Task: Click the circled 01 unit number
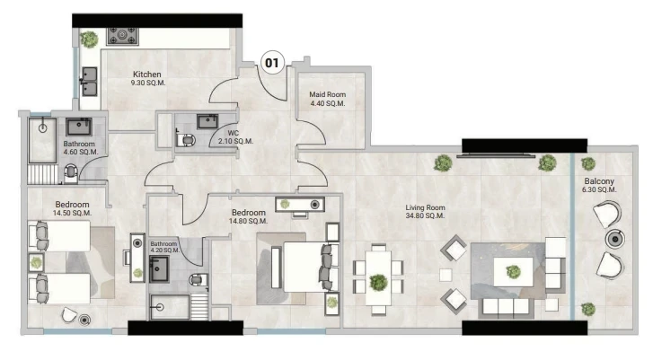272,63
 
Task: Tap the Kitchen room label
147,75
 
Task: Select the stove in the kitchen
122,36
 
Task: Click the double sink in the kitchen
89,82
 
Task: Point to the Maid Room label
327,94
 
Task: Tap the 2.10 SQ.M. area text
235,141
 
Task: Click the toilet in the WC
186,139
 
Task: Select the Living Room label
425,207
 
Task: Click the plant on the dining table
378,282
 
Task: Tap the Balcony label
599,181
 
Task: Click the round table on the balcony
615,240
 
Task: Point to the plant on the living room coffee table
513,272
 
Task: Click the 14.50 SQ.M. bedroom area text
72,213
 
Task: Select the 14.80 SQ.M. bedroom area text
248,221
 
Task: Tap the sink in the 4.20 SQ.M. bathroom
159,268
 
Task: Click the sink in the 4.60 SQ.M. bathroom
79,127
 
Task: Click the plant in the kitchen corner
89,40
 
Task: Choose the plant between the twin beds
36,263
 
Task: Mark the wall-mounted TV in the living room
496,155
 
